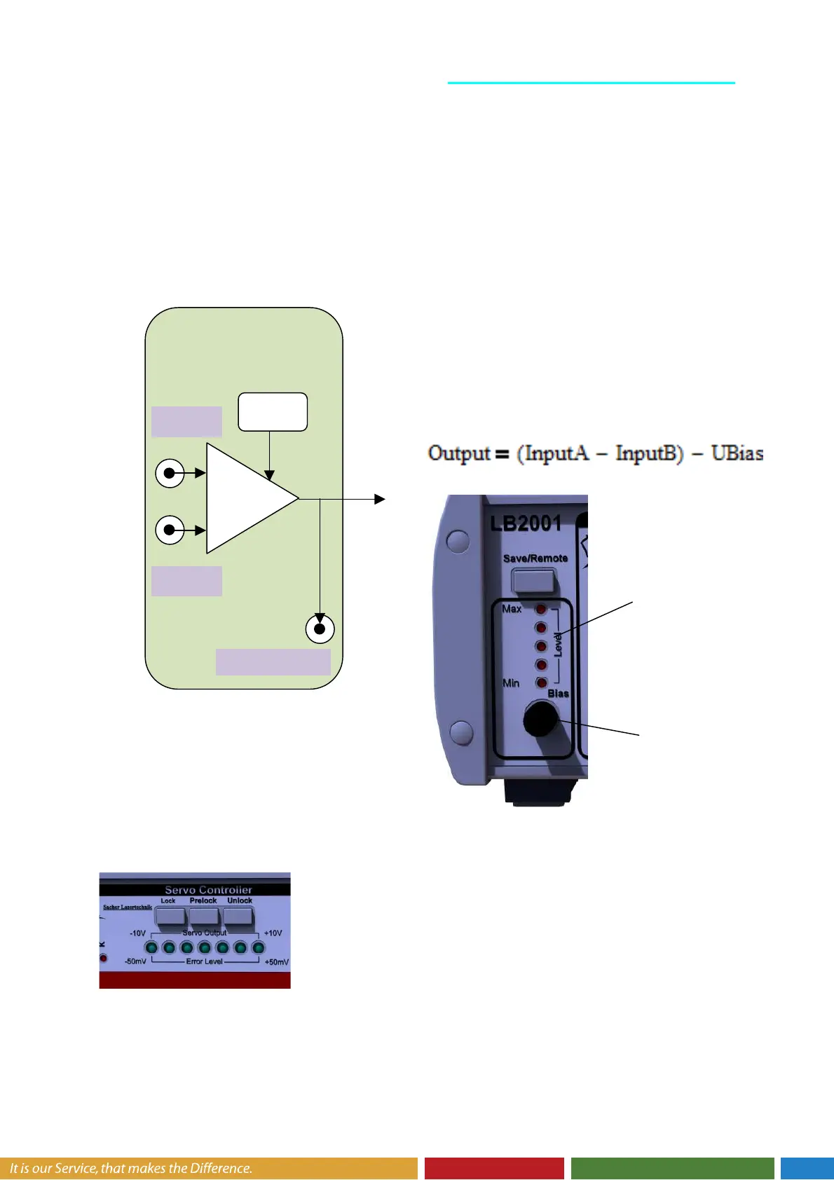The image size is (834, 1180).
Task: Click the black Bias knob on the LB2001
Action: (x=540, y=718)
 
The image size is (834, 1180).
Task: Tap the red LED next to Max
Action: (x=540, y=610)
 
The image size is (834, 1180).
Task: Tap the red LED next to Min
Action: (x=541, y=682)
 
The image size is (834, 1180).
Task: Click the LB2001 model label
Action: (x=526, y=523)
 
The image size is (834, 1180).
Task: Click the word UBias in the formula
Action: (x=737, y=453)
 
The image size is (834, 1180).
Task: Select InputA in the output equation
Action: (x=556, y=453)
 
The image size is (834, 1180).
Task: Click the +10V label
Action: (x=273, y=933)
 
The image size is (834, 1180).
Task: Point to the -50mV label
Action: (x=135, y=961)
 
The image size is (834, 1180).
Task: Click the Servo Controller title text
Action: (x=208, y=890)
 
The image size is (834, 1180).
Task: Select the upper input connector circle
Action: (x=170, y=473)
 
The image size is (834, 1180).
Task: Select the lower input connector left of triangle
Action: (x=170, y=530)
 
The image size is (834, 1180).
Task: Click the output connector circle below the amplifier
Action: (x=320, y=629)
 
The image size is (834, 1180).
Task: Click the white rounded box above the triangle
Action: (x=273, y=412)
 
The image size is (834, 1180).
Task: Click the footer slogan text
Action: (x=130, y=1168)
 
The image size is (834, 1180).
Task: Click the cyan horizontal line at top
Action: (x=591, y=83)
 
